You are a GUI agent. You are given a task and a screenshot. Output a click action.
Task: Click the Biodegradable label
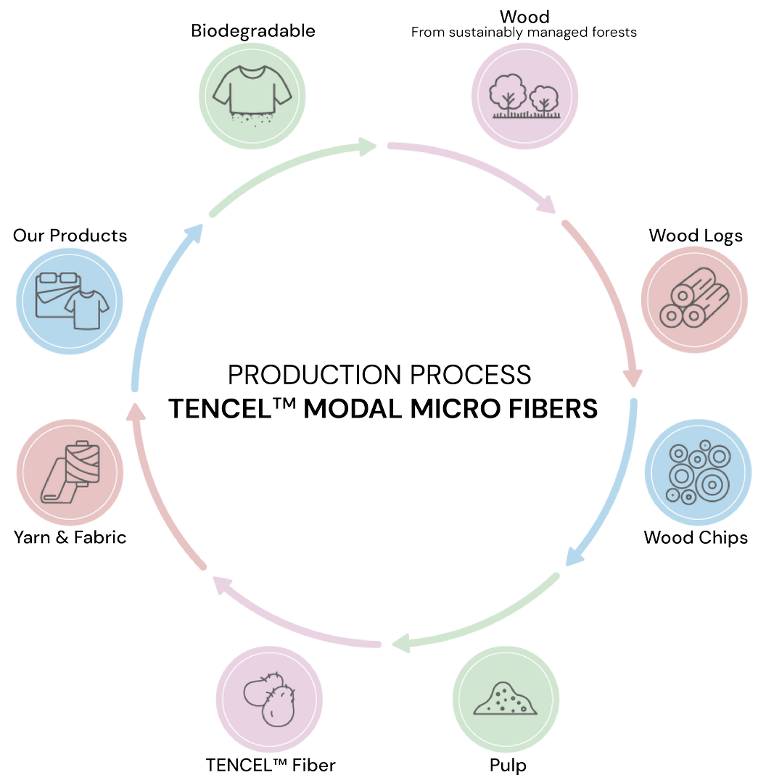point(253,30)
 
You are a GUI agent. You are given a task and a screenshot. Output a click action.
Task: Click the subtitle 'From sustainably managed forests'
point(524,33)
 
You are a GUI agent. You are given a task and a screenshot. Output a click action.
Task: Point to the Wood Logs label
point(696,236)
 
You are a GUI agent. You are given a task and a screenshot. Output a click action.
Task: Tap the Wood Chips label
point(696,537)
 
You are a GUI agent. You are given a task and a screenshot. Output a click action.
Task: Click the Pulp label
point(508,765)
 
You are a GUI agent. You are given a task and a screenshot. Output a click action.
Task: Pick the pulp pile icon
point(506,699)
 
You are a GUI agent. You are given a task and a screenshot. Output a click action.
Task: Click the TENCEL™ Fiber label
point(271,765)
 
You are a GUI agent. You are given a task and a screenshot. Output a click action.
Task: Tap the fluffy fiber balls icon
point(269,699)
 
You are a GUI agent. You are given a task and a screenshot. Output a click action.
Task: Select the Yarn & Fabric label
point(70,537)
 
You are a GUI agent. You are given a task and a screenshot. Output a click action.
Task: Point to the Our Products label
point(70,236)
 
